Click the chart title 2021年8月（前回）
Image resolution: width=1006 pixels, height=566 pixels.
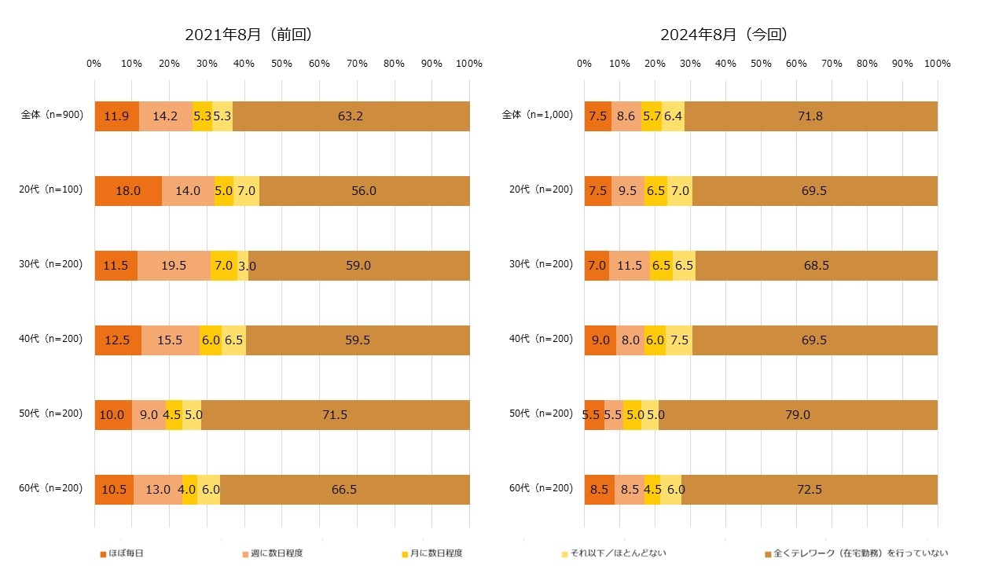pos(248,35)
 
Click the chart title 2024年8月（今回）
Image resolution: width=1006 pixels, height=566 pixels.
pos(724,35)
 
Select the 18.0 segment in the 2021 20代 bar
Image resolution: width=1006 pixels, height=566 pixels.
pos(128,191)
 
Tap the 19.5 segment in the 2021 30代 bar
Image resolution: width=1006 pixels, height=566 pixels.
pos(174,266)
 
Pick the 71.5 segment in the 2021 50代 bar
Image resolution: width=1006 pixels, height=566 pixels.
pos(335,415)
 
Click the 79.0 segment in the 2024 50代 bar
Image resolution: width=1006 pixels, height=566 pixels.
pos(797,415)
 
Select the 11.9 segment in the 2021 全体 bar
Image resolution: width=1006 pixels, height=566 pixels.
pos(116,116)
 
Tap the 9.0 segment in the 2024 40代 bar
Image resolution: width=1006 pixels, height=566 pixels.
pos(600,340)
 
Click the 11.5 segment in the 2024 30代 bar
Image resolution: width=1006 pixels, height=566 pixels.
pos(630,266)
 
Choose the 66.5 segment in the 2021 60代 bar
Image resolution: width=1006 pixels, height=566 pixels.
pos(344,490)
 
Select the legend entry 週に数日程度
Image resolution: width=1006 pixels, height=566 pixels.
pos(272,553)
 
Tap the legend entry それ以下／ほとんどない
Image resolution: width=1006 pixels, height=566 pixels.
pos(615,553)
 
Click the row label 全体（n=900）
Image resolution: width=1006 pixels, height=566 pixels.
pos(52,116)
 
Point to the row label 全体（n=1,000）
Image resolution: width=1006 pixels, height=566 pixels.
pos(536,116)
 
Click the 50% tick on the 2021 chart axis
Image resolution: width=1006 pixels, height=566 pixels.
pos(281,64)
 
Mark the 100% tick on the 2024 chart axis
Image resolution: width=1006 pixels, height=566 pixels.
pos(938,64)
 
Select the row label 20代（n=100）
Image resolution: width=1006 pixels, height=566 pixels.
pos(52,190)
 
